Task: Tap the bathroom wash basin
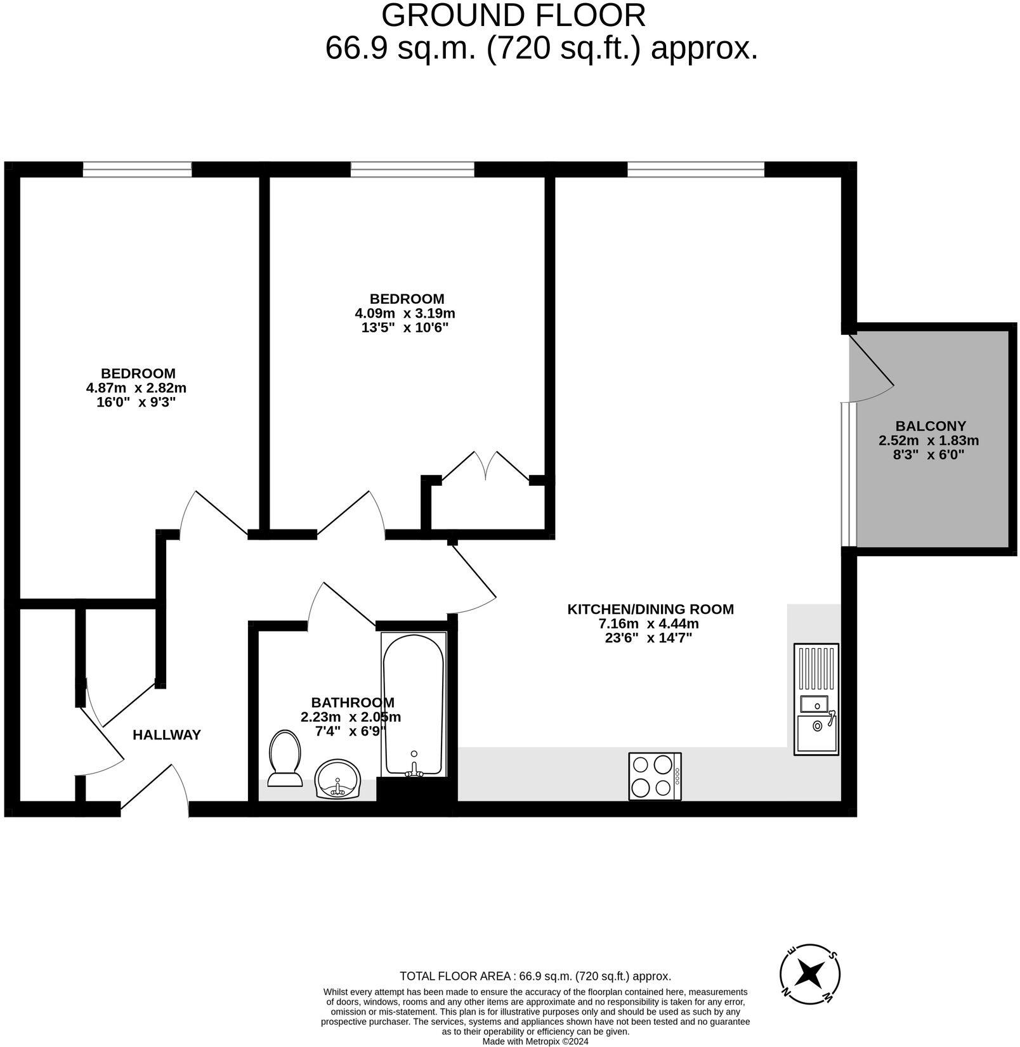click(x=337, y=778)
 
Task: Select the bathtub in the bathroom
click(x=414, y=704)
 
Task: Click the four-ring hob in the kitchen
click(x=655, y=776)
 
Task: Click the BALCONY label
click(x=930, y=426)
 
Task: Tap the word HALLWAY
click(x=167, y=735)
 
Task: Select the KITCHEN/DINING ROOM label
click(x=650, y=609)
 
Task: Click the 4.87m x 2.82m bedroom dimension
click(x=136, y=388)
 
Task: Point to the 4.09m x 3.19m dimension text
click(x=405, y=313)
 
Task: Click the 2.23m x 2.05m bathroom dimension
click(x=350, y=717)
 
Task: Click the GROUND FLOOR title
click(x=513, y=15)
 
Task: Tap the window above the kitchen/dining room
click(x=696, y=169)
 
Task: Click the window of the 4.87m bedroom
click(x=137, y=169)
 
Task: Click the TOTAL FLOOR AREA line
click(x=535, y=977)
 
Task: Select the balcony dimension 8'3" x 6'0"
click(x=929, y=454)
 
